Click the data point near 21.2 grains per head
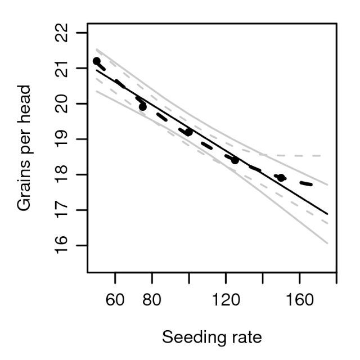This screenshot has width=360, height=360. tap(96, 61)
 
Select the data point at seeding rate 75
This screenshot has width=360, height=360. tap(142, 106)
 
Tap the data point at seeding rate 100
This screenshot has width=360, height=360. tap(189, 132)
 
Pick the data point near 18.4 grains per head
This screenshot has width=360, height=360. tap(235, 160)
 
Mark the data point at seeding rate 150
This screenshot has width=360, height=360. tap(281, 178)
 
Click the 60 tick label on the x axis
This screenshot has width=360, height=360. tap(115, 301)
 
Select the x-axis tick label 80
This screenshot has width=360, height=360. tap(152, 301)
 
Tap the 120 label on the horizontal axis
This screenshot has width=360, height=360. tap(226, 301)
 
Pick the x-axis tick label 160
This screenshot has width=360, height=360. tap(299, 301)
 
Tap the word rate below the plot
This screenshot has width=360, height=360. tap(244, 337)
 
